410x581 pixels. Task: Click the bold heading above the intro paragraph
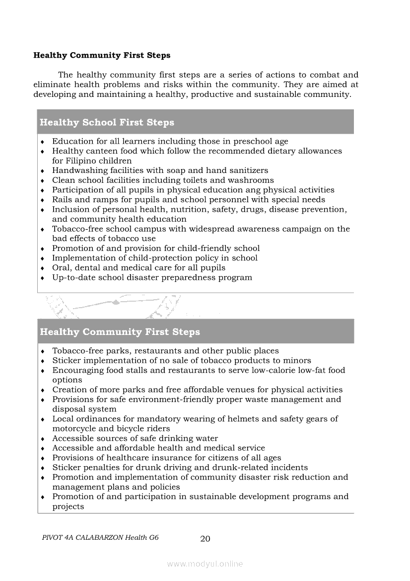[102, 55]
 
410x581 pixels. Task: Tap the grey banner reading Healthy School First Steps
[196, 122]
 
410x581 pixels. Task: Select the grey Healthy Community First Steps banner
[196, 332]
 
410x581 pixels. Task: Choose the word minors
[297, 360]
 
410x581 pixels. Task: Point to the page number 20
[205, 539]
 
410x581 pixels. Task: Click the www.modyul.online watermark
[205, 564]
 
